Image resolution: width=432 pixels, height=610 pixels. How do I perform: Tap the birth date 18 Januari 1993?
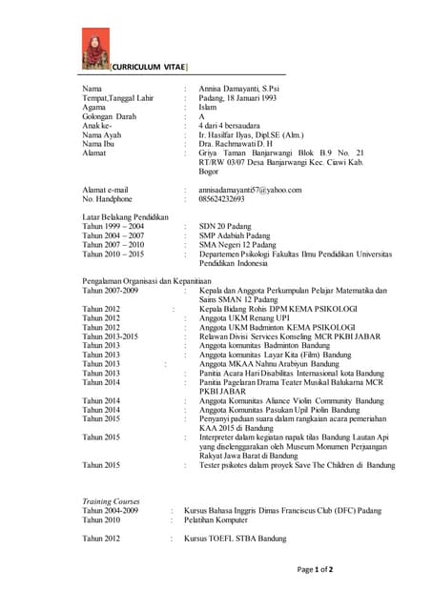tap(273, 99)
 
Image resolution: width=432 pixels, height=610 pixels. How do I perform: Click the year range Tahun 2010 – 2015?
tap(113, 254)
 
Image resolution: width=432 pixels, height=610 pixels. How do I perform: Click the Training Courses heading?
tap(111, 500)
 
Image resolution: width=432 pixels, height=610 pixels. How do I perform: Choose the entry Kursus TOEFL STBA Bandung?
tap(236, 539)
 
